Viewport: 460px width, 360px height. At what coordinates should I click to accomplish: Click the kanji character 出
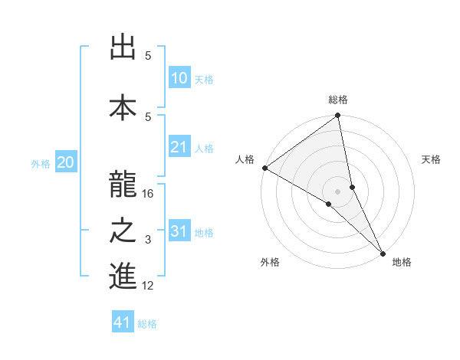tap(123, 48)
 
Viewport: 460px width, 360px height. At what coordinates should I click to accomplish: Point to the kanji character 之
tap(123, 231)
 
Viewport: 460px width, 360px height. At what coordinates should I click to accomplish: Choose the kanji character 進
tap(123, 277)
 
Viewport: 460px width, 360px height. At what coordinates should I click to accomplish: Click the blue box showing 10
tap(179, 78)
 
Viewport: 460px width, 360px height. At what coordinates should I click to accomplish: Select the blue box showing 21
tap(179, 147)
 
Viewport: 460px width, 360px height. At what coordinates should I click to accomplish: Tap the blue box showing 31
tap(179, 231)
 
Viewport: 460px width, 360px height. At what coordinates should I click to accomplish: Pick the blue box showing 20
tap(66, 162)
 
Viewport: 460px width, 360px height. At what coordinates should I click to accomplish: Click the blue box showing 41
tap(123, 323)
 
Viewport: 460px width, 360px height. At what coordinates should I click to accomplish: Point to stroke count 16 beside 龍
tap(149, 194)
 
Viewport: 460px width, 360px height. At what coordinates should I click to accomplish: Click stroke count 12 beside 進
tap(149, 286)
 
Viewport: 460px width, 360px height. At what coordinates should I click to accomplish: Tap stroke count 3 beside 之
tap(149, 240)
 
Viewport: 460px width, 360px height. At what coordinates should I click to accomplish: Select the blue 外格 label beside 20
tap(41, 163)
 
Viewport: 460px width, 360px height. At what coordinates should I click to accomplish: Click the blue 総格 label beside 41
tap(147, 324)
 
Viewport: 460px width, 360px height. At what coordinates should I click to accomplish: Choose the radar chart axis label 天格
tap(431, 160)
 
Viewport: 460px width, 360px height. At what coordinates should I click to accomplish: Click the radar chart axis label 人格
tap(245, 160)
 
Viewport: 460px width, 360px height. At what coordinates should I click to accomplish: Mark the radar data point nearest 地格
tap(383, 252)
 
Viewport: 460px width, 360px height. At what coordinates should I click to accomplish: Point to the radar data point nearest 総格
tap(337, 116)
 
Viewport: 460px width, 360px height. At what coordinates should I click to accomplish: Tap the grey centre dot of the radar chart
tap(337, 190)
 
